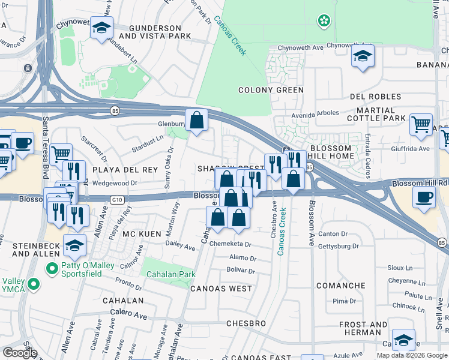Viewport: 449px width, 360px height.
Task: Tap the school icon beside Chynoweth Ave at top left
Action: point(101,28)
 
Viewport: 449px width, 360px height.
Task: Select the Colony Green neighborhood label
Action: point(271,90)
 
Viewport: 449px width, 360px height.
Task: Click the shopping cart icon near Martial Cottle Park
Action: point(421,125)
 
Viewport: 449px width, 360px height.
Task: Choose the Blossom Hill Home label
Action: point(330,152)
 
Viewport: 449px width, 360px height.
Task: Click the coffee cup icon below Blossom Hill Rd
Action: point(424,197)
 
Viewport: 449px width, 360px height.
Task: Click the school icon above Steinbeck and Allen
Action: point(74,245)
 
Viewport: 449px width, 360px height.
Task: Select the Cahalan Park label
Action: point(167,274)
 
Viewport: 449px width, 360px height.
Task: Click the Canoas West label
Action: point(221,289)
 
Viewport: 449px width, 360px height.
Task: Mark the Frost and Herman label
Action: point(363,328)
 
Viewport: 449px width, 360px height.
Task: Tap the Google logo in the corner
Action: point(20,352)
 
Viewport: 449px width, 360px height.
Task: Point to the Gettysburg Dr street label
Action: point(339,246)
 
